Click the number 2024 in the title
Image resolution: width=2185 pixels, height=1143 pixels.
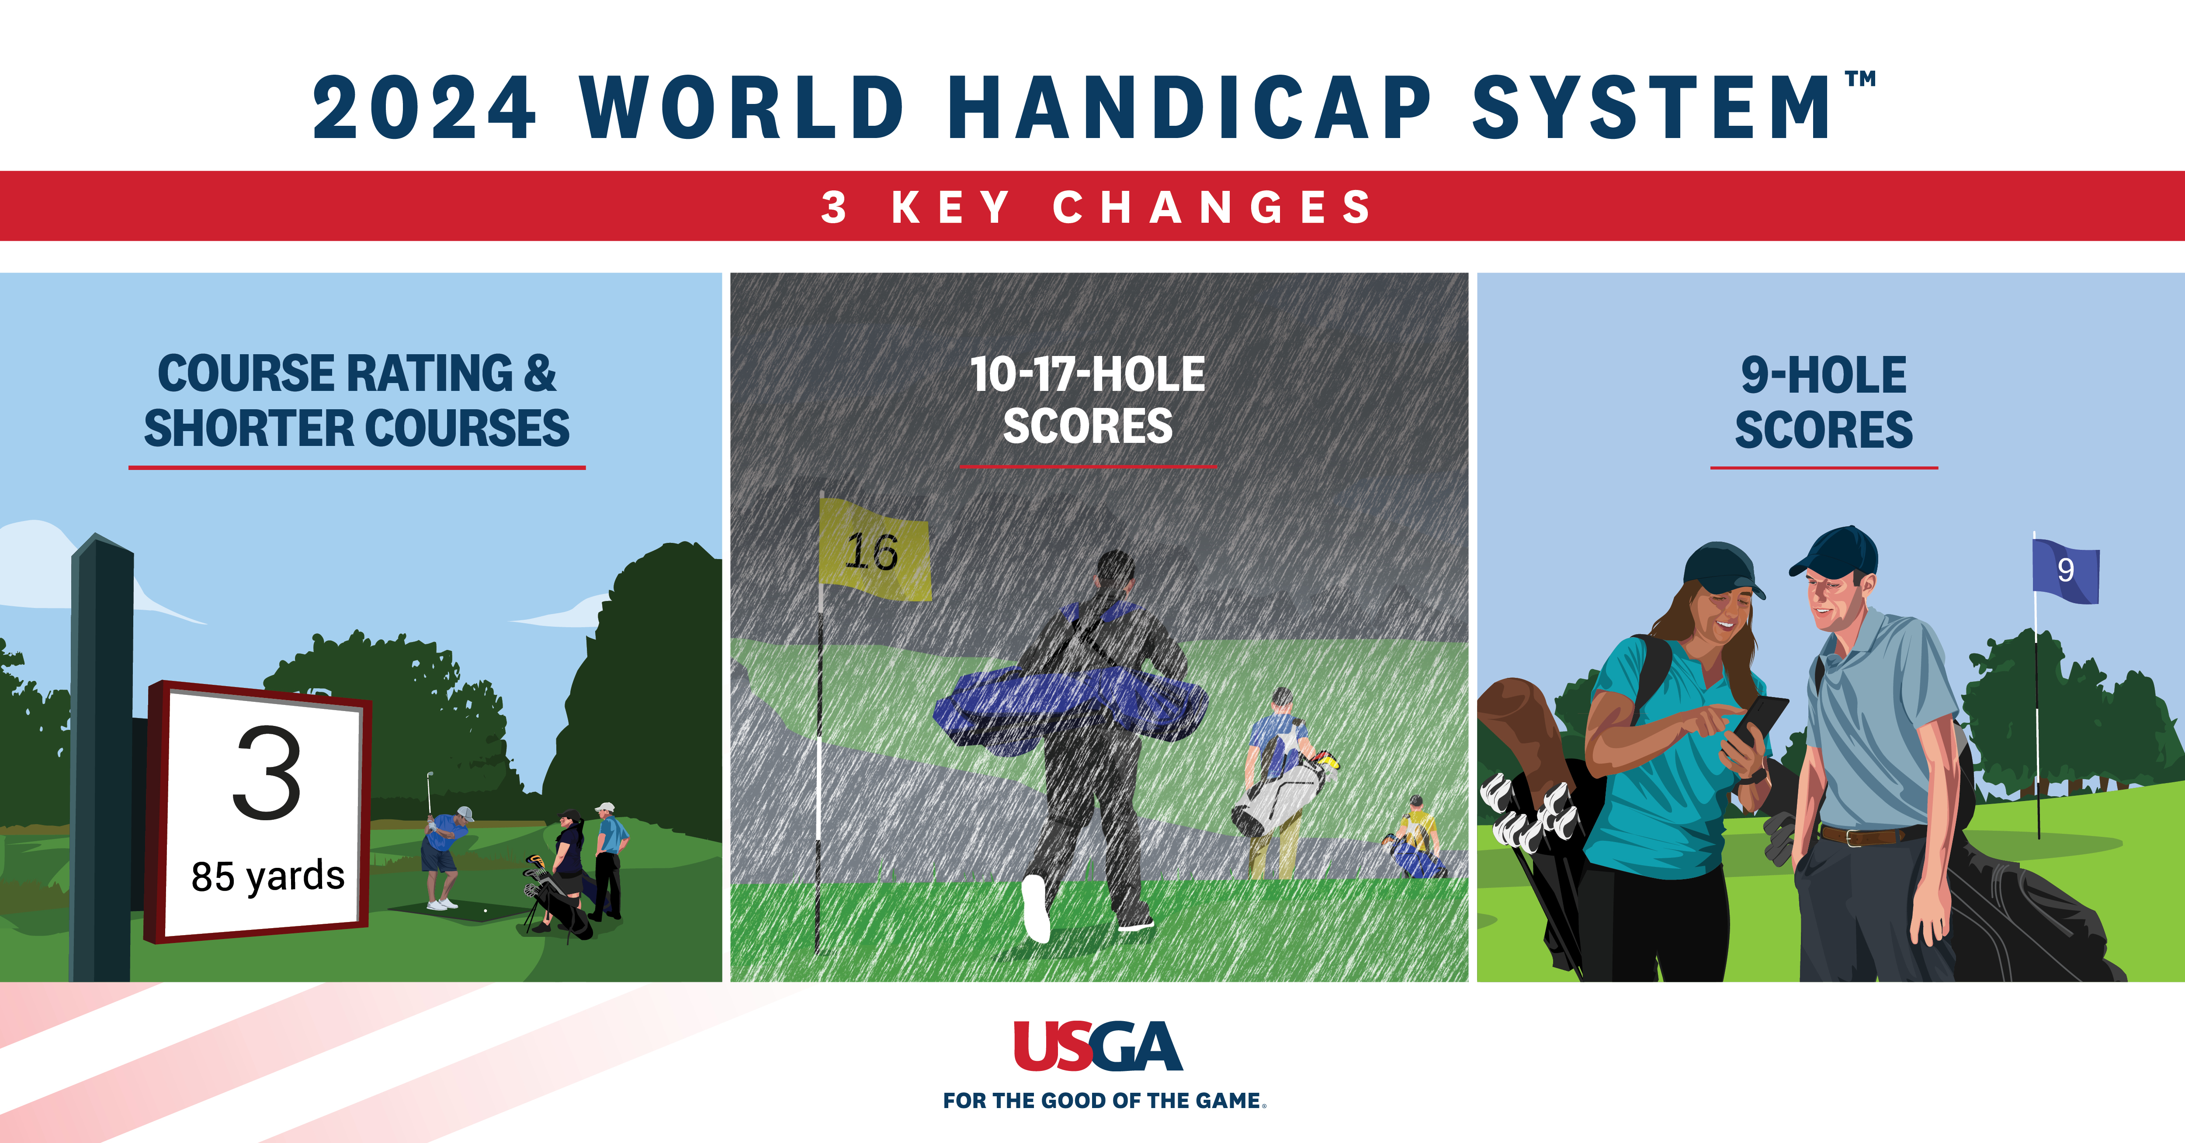click(x=424, y=108)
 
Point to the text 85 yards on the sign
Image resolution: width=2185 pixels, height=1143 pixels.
click(x=268, y=876)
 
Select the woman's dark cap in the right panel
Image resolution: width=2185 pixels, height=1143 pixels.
click(x=1722, y=570)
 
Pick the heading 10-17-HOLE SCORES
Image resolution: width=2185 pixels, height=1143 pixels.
click(x=1087, y=400)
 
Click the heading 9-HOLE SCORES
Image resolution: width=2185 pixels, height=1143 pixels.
click(x=1824, y=402)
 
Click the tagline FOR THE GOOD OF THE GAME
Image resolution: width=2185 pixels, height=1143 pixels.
click(x=1103, y=1101)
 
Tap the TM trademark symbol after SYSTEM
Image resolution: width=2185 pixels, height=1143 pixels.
click(x=1860, y=79)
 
